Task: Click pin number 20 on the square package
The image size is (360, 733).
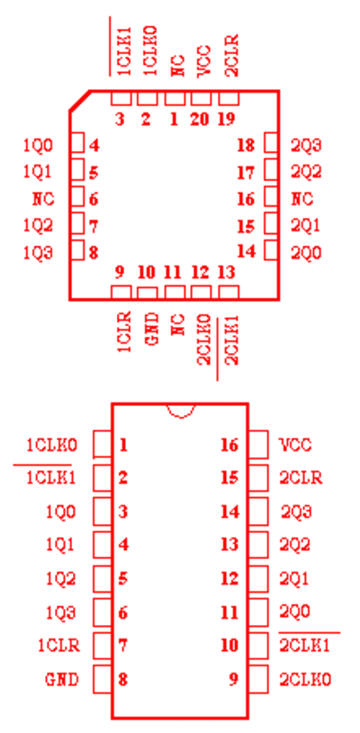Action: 200,120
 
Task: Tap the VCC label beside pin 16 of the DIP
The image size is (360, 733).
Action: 295,445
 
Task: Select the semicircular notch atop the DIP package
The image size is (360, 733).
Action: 181,411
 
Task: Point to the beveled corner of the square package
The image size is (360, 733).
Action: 79,101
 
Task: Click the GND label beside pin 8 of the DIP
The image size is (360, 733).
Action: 62,679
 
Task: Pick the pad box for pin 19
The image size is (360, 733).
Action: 229,98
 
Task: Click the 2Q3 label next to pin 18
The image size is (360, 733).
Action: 306,146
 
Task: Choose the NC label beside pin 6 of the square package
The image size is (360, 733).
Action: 43,200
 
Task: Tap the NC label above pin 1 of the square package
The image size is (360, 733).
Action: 177,66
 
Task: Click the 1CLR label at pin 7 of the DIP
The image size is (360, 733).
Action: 58,646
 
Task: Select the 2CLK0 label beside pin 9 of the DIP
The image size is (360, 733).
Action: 305,679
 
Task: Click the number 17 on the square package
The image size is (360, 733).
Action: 246,173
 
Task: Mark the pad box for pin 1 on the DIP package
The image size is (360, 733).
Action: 103,444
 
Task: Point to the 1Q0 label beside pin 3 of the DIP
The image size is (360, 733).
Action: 60,511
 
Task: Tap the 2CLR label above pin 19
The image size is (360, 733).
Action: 231,55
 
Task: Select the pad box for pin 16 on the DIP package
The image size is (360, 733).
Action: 257,444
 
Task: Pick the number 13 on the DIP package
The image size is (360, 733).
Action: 230,545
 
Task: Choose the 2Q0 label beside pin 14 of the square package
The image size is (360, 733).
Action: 306,253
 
